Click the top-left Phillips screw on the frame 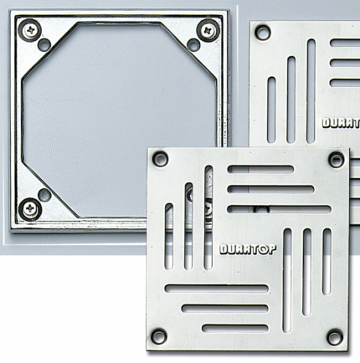[x=30, y=30]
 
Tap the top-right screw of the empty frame [x=208, y=30]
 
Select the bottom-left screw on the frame [x=30, y=208]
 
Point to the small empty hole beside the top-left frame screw [x=44, y=44]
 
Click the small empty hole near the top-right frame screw [x=193, y=44]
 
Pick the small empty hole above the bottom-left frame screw [x=44, y=194]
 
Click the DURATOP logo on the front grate [x=248, y=249]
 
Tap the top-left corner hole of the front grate [x=161, y=159]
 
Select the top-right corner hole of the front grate [x=336, y=160]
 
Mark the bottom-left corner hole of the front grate [x=159, y=336]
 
